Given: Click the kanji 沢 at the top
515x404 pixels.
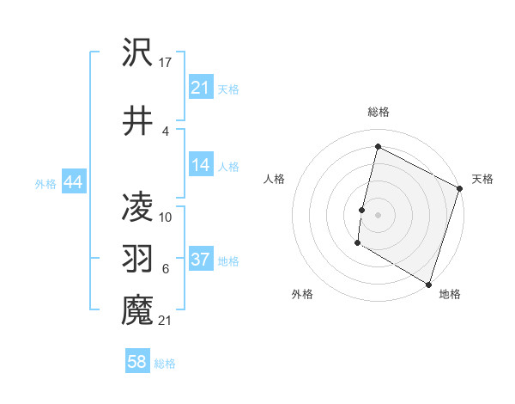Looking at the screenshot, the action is coord(137,52).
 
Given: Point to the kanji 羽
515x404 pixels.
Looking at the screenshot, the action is coord(137,258).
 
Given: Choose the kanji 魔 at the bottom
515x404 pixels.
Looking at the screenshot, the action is coord(137,309).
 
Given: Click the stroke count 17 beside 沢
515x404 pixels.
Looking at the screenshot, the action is coord(166,63).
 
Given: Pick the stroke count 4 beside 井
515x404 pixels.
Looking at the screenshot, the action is coord(166,131).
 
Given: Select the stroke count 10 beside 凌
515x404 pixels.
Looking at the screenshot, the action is coord(166,217).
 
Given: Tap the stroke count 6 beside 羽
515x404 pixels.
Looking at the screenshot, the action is coord(166,269).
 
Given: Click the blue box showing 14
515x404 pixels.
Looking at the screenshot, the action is coord(201,165).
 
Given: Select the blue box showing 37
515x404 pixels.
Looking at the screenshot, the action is coord(201,260).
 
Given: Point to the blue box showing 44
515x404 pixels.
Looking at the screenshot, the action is coord(73,182).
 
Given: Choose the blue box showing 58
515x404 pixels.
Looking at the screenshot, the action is coord(137,362).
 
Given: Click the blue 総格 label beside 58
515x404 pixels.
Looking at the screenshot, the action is coord(165,364).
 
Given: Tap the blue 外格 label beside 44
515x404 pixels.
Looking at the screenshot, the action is coord(45,183).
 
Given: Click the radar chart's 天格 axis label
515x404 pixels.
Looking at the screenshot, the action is coord(482,179).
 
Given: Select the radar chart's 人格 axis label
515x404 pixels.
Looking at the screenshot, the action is coord(274,179).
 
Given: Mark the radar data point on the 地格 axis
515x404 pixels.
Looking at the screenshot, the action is coord(428,284).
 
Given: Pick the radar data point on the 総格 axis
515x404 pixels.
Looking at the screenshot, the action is coord(378,146).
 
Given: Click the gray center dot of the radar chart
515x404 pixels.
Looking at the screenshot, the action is coord(378,214).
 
